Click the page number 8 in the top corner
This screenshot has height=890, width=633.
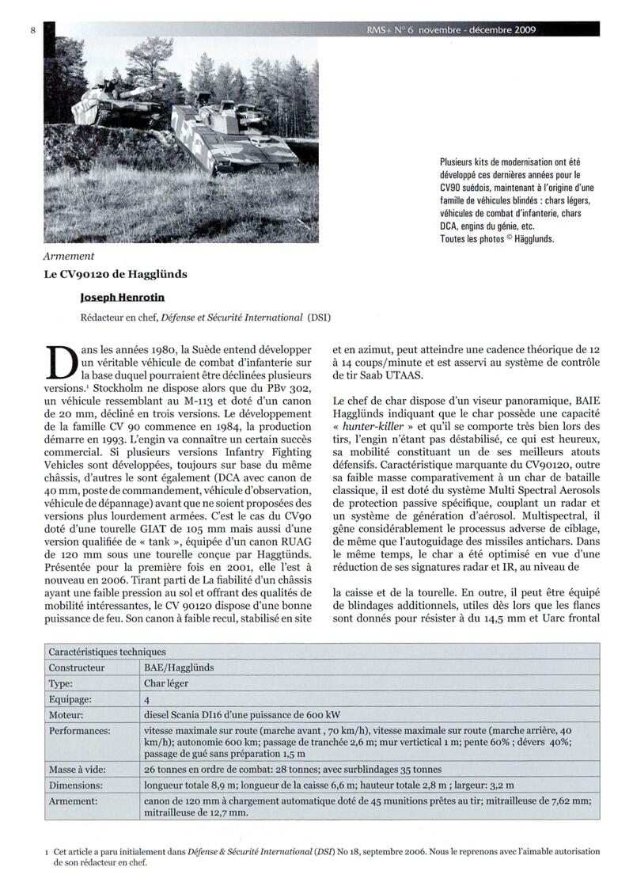pos(32,30)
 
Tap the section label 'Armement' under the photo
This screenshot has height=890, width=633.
pos(69,256)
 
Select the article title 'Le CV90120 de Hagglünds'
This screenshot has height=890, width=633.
pos(116,276)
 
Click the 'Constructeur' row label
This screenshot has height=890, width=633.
pos(77,667)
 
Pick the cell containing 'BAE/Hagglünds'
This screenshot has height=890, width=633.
pos(179,667)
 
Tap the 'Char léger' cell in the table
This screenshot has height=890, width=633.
pos(166,683)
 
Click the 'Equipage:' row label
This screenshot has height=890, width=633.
pos(71,700)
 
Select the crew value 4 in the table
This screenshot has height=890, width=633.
pos(147,700)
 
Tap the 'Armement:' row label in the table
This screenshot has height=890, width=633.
pos(74,801)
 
